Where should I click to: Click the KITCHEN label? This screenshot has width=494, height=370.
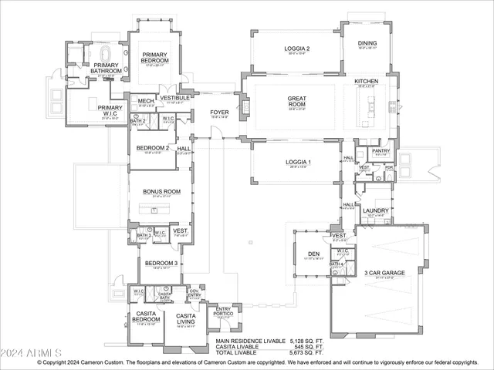tap(366, 81)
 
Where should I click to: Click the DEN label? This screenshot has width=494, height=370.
tap(313, 254)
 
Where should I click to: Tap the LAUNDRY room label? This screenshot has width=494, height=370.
tap(377, 210)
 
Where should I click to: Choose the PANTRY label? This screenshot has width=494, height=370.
tap(381, 151)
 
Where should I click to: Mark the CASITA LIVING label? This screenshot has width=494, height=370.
tap(185, 318)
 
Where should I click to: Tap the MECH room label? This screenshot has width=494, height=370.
tap(146, 101)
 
